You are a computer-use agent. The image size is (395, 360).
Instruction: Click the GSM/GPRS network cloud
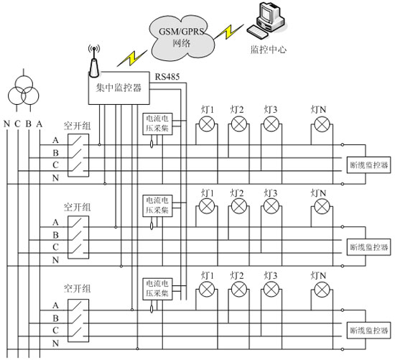pos(182,37)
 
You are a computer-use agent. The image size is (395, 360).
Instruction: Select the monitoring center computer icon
pos(266,20)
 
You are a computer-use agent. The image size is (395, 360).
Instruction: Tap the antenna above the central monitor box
pos(94,61)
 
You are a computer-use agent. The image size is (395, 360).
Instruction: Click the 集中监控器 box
pos(119,88)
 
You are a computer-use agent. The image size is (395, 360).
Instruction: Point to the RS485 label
pos(167,76)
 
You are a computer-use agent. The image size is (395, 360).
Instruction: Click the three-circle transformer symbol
pos(24,91)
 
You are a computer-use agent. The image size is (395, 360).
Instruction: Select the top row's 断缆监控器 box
pos(369,165)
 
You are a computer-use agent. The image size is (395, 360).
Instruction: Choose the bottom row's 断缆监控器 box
pos(369,330)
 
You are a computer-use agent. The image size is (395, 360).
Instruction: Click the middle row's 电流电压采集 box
pos(158,206)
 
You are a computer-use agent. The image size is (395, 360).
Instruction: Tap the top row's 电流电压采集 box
pos(158,124)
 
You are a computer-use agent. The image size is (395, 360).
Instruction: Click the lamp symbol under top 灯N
pos(322,124)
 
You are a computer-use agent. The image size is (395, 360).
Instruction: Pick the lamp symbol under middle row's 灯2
pos(239,206)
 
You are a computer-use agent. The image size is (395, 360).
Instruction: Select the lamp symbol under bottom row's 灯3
pos(271,290)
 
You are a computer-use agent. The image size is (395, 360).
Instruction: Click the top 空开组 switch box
pos(78,155)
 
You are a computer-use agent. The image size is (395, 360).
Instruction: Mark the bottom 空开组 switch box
pos(78,320)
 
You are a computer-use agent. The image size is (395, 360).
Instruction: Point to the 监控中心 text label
pos(269,50)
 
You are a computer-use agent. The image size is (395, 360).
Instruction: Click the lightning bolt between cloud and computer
pos(228,32)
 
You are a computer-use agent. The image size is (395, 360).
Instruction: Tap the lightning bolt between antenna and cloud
pos(132,58)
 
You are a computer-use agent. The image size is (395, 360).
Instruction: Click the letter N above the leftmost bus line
pos(6,124)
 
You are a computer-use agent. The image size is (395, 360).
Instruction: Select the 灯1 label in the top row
pos(208,110)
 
